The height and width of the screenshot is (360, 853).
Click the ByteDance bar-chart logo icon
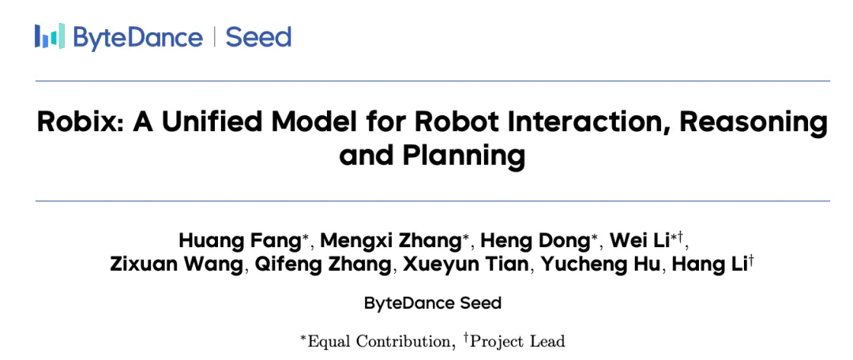point(50,36)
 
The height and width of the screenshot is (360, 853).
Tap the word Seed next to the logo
point(258,37)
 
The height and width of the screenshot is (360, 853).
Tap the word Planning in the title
point(464,156)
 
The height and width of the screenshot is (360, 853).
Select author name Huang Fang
point(241,240)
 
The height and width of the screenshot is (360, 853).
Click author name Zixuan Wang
point(176,264)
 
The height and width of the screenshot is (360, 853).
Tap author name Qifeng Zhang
point(322,265)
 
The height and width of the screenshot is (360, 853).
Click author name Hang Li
point(708,264)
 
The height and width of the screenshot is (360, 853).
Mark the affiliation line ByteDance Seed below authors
point(433,303)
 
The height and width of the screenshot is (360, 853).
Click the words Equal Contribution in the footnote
point(379,342)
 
